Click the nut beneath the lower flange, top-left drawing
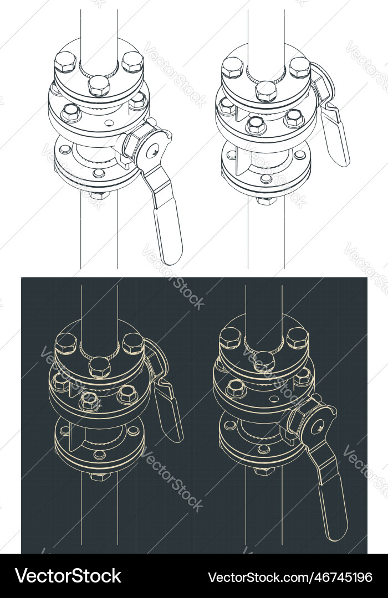99,194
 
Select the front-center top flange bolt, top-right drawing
266,90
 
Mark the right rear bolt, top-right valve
299,66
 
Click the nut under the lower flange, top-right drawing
267,199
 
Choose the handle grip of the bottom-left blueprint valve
169,413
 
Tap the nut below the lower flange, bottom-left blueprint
100,476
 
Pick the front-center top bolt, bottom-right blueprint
264,361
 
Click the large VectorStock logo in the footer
68,576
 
